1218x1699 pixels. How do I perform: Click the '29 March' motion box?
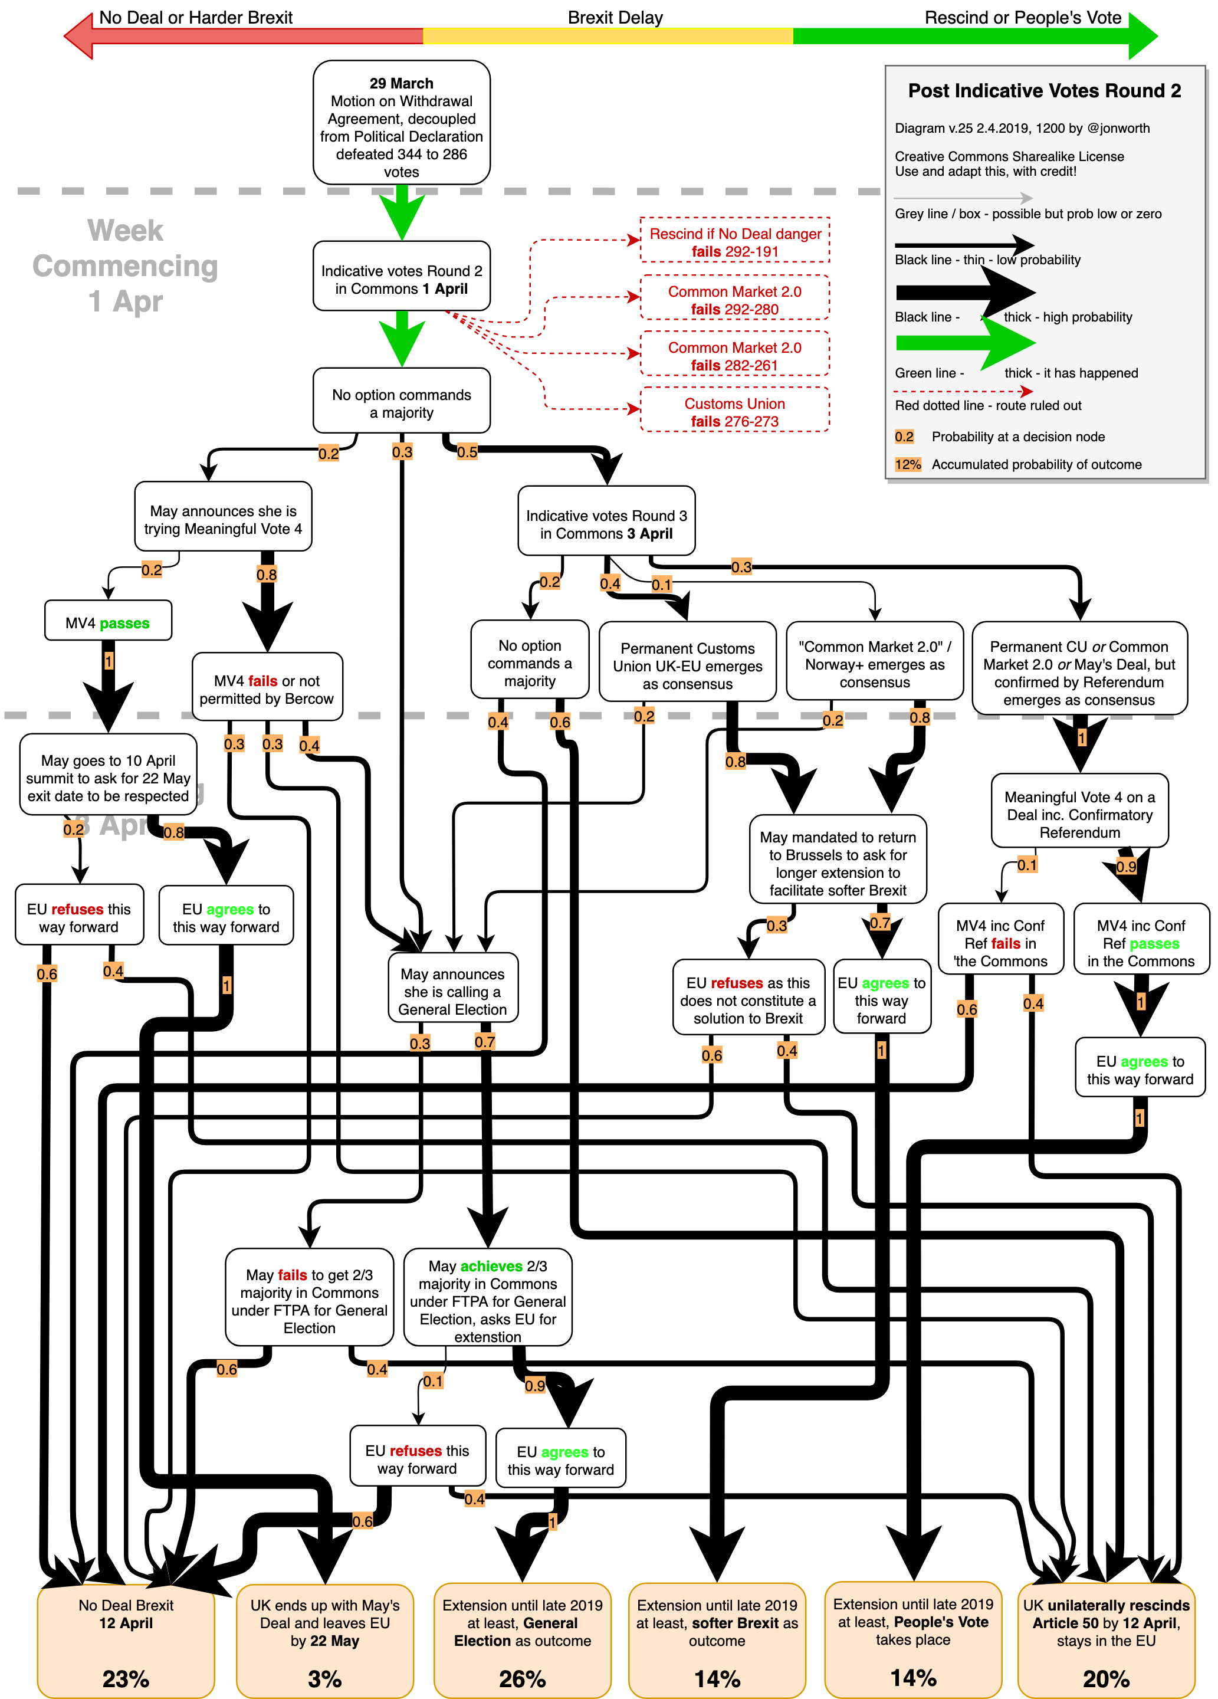[402, 124]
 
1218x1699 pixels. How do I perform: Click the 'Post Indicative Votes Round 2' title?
[1044, 91]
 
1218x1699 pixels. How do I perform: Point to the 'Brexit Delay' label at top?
[615, 17]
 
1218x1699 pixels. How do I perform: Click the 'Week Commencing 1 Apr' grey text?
[125, 266]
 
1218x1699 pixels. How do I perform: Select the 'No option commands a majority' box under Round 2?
[402, 403]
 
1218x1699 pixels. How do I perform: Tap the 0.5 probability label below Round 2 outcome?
[467, 452]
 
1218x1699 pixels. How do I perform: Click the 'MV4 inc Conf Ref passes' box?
[1140, 942]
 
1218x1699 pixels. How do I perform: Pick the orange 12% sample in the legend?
[908, 464]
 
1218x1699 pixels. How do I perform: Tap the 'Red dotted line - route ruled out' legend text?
[988, 405]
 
